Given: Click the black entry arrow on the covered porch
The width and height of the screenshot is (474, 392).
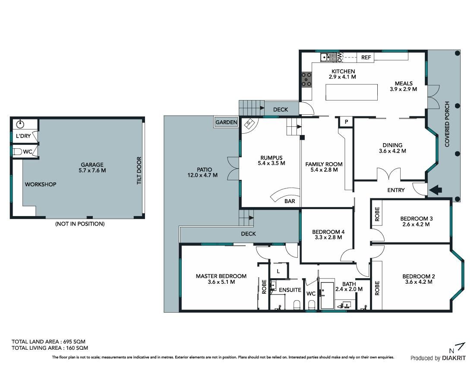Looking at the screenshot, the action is pos(436,190).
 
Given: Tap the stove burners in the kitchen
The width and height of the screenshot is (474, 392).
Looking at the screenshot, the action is pos(307,80).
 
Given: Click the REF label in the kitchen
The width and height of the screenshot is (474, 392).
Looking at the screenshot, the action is pos(366,57).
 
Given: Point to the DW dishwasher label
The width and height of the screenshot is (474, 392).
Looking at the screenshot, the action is pos(339,57).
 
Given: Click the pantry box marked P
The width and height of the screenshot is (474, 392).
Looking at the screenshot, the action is pos(346,122).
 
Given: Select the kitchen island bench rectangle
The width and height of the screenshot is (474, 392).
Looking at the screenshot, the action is pos(351,92).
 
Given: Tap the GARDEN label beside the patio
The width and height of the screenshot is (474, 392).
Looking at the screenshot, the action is pos(226,122).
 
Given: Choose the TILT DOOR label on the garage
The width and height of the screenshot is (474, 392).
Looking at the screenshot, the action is pos(139,171).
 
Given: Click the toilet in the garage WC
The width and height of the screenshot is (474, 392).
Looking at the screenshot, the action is pos(18,152).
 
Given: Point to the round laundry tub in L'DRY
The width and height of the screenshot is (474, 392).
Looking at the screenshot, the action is pos(20,124).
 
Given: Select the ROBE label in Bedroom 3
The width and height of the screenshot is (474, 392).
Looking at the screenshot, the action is pos(377,214).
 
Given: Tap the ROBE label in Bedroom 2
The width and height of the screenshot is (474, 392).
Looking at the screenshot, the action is pos(377,288).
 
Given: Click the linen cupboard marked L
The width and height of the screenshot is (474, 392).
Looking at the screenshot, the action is pos(278,271).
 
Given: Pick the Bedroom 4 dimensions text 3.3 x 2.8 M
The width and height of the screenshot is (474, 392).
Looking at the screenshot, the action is pos(328,237).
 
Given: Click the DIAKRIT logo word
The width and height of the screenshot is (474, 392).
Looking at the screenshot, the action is pos(454,358).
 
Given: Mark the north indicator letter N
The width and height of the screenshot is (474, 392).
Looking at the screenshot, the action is pos(452,351).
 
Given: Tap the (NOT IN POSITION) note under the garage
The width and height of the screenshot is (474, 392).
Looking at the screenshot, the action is pos(80,224).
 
